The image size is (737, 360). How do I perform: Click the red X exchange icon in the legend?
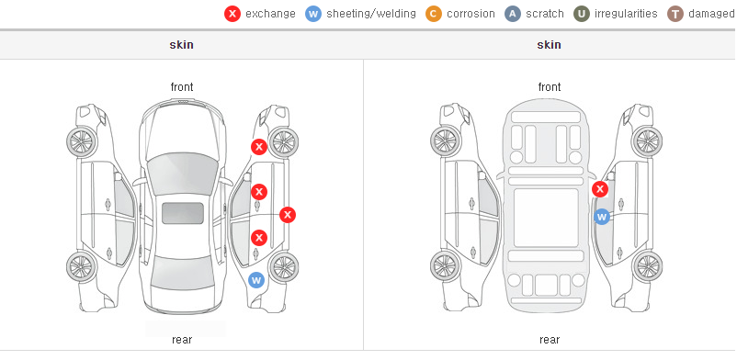pos(232,14)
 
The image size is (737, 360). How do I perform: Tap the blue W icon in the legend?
pos(313,14)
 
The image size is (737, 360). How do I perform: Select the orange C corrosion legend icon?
pos(434,14)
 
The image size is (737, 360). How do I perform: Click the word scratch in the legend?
pos(545,14)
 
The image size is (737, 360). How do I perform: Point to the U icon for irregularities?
pos(582,14)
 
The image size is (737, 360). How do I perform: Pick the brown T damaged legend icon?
pos(675,14)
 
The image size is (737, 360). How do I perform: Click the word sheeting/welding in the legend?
pos(371,14)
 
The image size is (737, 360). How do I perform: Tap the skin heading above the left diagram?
pos(181,45)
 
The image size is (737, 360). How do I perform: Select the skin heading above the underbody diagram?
pos(549,45)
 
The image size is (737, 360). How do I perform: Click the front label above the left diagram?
pos(181,87)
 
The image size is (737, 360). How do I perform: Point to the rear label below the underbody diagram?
pos(549,340)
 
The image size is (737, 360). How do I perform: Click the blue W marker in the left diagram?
pos(256,281)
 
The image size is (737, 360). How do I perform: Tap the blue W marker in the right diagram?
pos(602,217)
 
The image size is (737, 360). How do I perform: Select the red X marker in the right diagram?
pos(600,189)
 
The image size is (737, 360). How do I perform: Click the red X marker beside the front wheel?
pos(259,147)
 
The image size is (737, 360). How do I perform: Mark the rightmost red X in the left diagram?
pos(288,215)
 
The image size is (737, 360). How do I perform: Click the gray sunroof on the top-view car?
pos(183,213)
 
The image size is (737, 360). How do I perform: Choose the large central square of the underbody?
pos(546,218)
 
